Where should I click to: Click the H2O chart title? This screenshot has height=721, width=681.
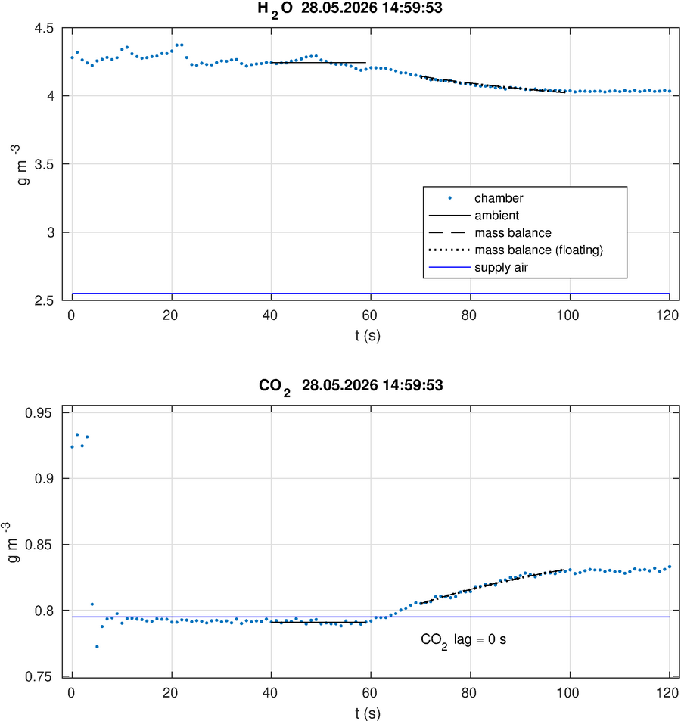pos(350,9)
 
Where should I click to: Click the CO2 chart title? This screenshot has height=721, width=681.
pos(351,387)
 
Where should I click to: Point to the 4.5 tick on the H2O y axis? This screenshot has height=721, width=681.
pos(44,28)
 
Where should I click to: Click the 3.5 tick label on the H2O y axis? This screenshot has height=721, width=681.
pos(44,164)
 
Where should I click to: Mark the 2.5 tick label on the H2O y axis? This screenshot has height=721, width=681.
pos(44,300)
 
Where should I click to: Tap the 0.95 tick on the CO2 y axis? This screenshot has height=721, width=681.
pos(39,413)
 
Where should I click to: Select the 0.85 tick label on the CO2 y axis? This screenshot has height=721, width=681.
pos(39,545)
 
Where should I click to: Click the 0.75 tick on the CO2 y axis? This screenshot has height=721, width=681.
pos(39,677)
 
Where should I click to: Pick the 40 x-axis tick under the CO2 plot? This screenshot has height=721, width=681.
pos(270,693)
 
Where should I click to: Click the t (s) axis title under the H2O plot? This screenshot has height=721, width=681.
pos(368,336)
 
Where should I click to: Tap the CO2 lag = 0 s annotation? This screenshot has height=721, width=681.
pos(464,640)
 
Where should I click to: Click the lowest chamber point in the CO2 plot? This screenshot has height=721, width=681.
pos(97,647)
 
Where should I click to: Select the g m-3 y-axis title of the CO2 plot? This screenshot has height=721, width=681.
pos(12,542)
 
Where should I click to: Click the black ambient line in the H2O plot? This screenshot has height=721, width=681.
pos(319,63)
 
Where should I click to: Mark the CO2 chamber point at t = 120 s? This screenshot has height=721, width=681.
pos(670,567)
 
